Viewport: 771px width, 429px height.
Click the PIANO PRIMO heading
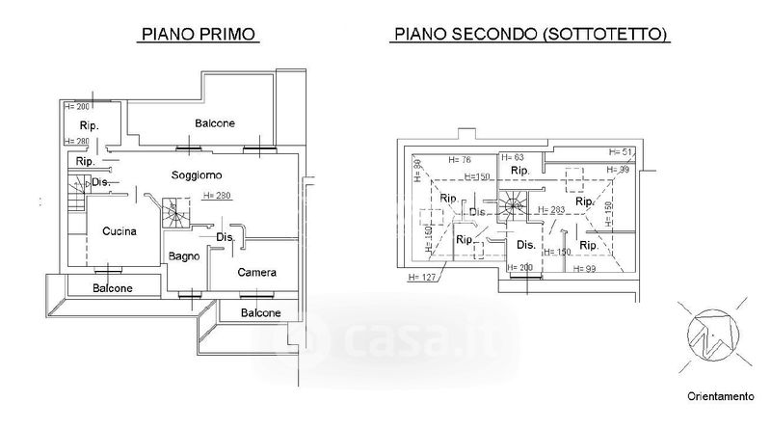click(199, 35)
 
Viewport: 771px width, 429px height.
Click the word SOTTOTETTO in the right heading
click(605, 35)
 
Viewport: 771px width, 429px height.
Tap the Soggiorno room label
click(197, 174)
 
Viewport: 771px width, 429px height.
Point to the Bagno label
click(183, 256)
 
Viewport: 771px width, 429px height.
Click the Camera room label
click(257, 272)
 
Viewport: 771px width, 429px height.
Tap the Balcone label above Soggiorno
click(215, 123)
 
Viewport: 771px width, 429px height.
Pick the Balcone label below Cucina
click(113, 288)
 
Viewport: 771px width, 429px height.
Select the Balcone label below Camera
click(260, 312)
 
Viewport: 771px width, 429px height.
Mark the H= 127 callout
click(422, 278)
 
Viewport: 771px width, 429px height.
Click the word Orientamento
click(720, 396)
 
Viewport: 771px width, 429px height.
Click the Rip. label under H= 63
click(520, 171)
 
